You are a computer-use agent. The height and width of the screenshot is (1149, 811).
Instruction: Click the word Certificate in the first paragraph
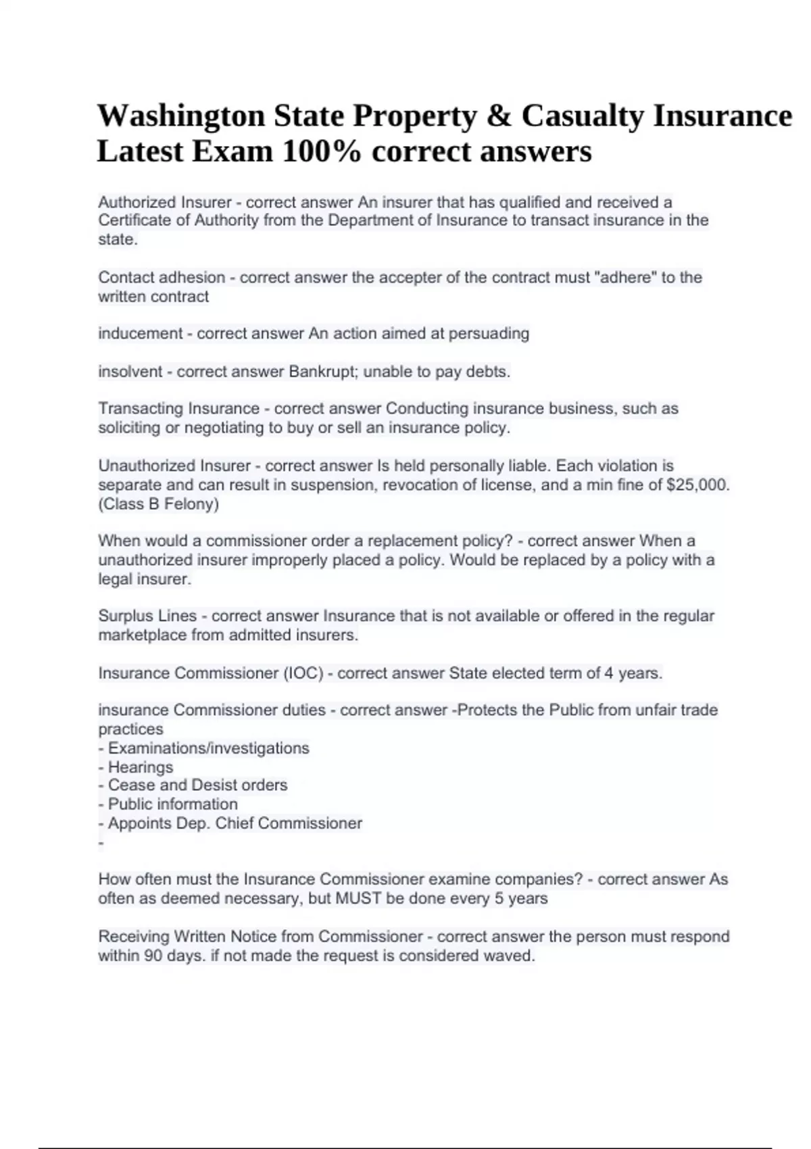133,220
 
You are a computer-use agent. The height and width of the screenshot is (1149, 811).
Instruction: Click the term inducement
141,333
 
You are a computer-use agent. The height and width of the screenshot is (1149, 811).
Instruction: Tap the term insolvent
130,371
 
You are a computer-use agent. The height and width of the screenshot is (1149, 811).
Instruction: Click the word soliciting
129,428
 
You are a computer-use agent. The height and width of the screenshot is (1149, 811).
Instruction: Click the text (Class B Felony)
158,504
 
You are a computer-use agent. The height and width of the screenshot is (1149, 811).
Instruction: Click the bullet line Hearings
140,767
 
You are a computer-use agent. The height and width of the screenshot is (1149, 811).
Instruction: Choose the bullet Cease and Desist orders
197,785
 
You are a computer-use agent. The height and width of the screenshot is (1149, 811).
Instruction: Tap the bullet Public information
172,804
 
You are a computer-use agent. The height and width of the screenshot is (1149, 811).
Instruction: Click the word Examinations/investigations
208,748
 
